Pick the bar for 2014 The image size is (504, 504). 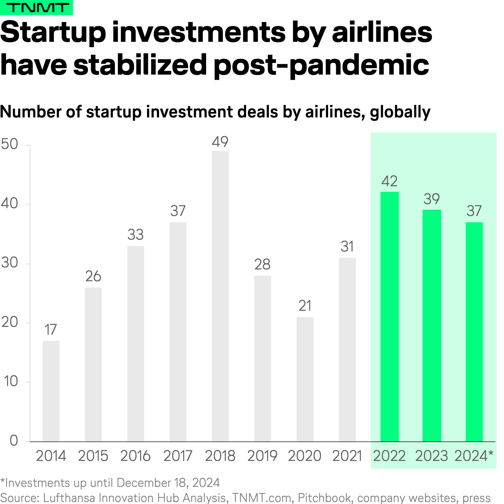(51, 391)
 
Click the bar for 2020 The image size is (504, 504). (305, 379)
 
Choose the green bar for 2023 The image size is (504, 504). (432, 325)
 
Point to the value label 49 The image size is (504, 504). (220, 142)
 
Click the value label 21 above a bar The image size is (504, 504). (305, 306)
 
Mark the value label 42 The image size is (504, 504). (389, 181)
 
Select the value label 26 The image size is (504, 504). (93, 276)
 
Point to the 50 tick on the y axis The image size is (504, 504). (9, 144)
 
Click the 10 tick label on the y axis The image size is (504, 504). (11, 381)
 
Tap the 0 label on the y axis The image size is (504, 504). (14, 441)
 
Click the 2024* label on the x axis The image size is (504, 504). (474, 456)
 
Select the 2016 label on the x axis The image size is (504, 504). (135, 456)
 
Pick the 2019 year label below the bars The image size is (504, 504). (262, 456)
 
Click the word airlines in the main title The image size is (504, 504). (382, 32)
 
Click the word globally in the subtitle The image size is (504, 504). (400, 112)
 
